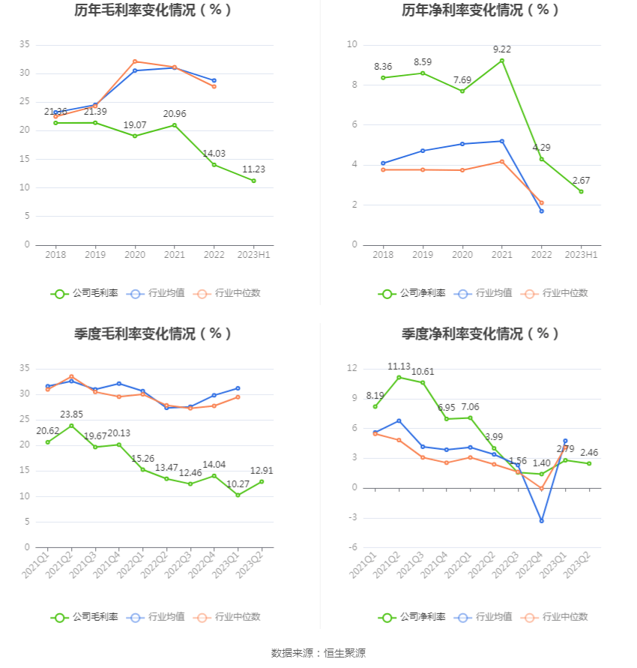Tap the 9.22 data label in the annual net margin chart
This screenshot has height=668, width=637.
502,49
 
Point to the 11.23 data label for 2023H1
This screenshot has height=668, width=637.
253,169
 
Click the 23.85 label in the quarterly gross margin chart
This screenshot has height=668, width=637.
71,414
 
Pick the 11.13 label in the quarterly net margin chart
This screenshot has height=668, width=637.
399,366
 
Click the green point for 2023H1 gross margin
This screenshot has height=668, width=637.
253,181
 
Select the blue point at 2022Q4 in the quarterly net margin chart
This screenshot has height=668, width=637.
541,521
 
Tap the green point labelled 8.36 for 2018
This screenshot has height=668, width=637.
383,78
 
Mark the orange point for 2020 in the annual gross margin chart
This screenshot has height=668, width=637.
135,61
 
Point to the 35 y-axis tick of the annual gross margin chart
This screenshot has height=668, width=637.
24,45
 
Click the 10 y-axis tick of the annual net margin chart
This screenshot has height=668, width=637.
351,45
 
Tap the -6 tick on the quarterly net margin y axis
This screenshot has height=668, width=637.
352,547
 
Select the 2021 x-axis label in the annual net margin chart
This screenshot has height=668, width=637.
502,256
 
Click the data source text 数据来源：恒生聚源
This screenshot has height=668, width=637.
318,653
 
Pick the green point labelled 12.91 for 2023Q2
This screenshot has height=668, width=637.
262,481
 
